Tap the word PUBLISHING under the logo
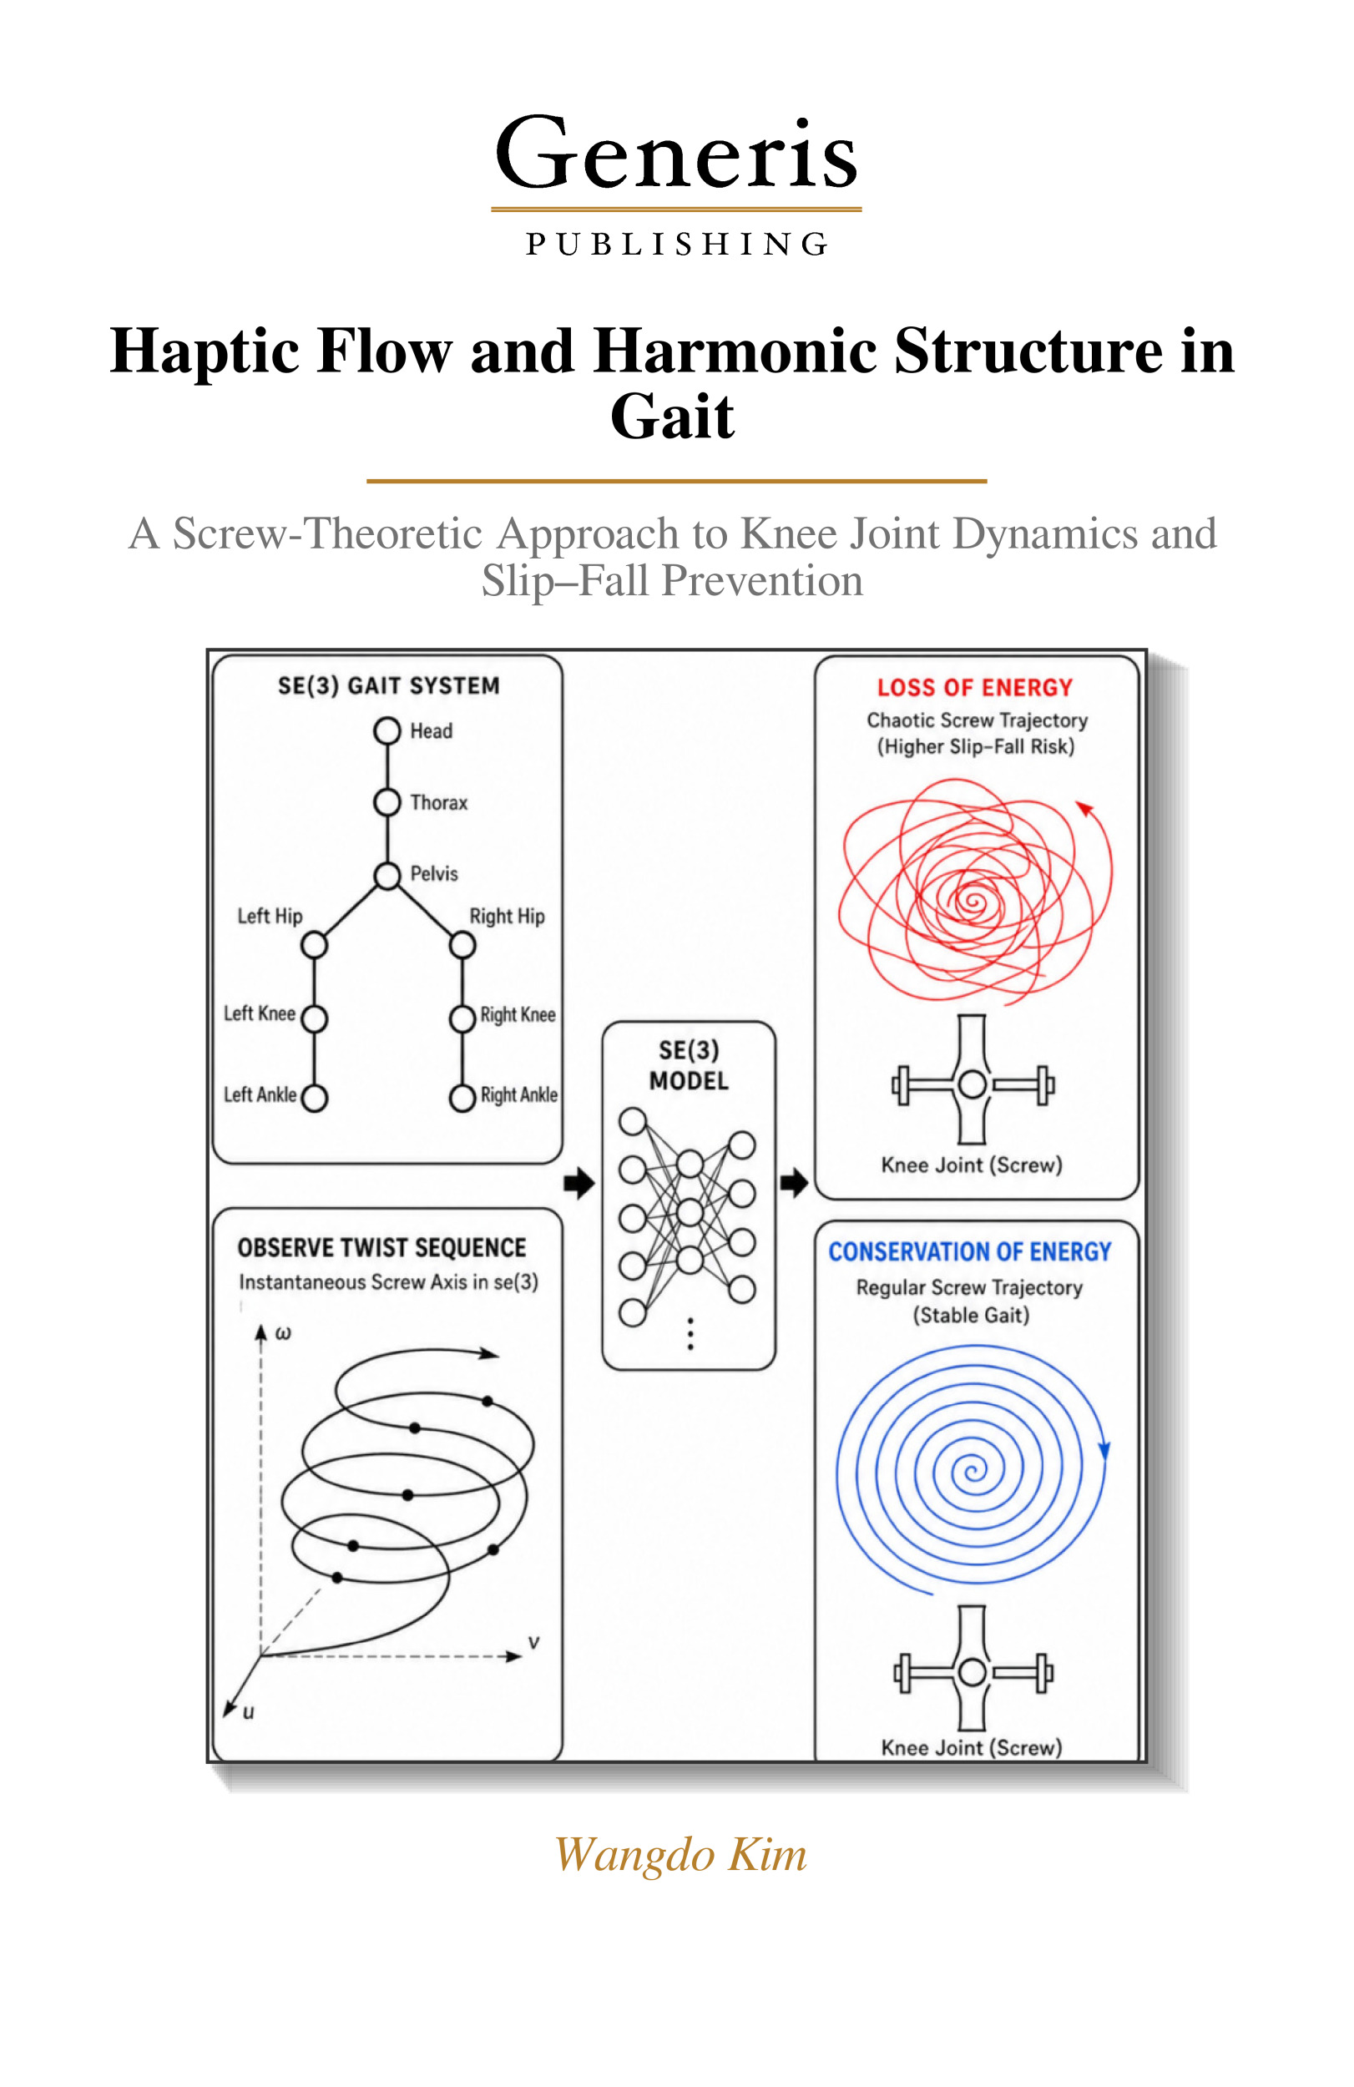(x=676, y=244)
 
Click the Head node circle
(x=386, y=730)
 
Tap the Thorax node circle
(x=386, y=801)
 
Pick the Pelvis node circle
(x=386, y=875)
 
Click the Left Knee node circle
(x=314, y=1018)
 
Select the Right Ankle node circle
(x=462, y=1098)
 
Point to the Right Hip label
(x=507, y=917)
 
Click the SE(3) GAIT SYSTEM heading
(x=388, y=685)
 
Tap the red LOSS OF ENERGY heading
(x=975, y=688)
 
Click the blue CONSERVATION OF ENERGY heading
(x=970, y=1251)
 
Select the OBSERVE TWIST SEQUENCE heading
(x=381, y=1248)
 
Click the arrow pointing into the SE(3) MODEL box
(x=578, y=1183)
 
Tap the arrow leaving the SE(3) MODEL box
(x=794, y=1183)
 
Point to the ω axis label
(x=283, y=1334)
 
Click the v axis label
(x=533, y=1641)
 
